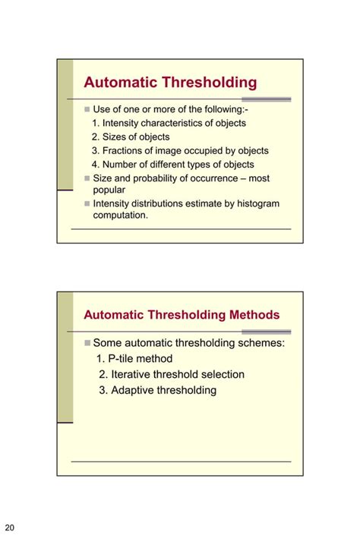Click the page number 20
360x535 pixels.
point(10,527)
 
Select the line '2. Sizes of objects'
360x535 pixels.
point(131,137)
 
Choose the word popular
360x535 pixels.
point(109,190)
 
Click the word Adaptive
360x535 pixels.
point(136,390)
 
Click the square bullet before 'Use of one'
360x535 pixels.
point(87,110)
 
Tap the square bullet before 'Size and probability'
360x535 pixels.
point(87,178)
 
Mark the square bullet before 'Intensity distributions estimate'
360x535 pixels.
point(87,203)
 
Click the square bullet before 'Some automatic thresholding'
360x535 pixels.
point(87,343)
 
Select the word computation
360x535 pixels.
point(121,215)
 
